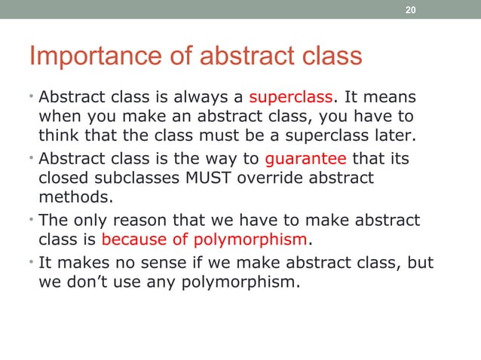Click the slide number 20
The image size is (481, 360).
(410, 10)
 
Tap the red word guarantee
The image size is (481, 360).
(305, 159)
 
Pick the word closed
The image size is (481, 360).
(62, 179)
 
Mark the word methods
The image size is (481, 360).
(69, 198)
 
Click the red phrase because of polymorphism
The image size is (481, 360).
(204, 240)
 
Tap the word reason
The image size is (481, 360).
(149, 221)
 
